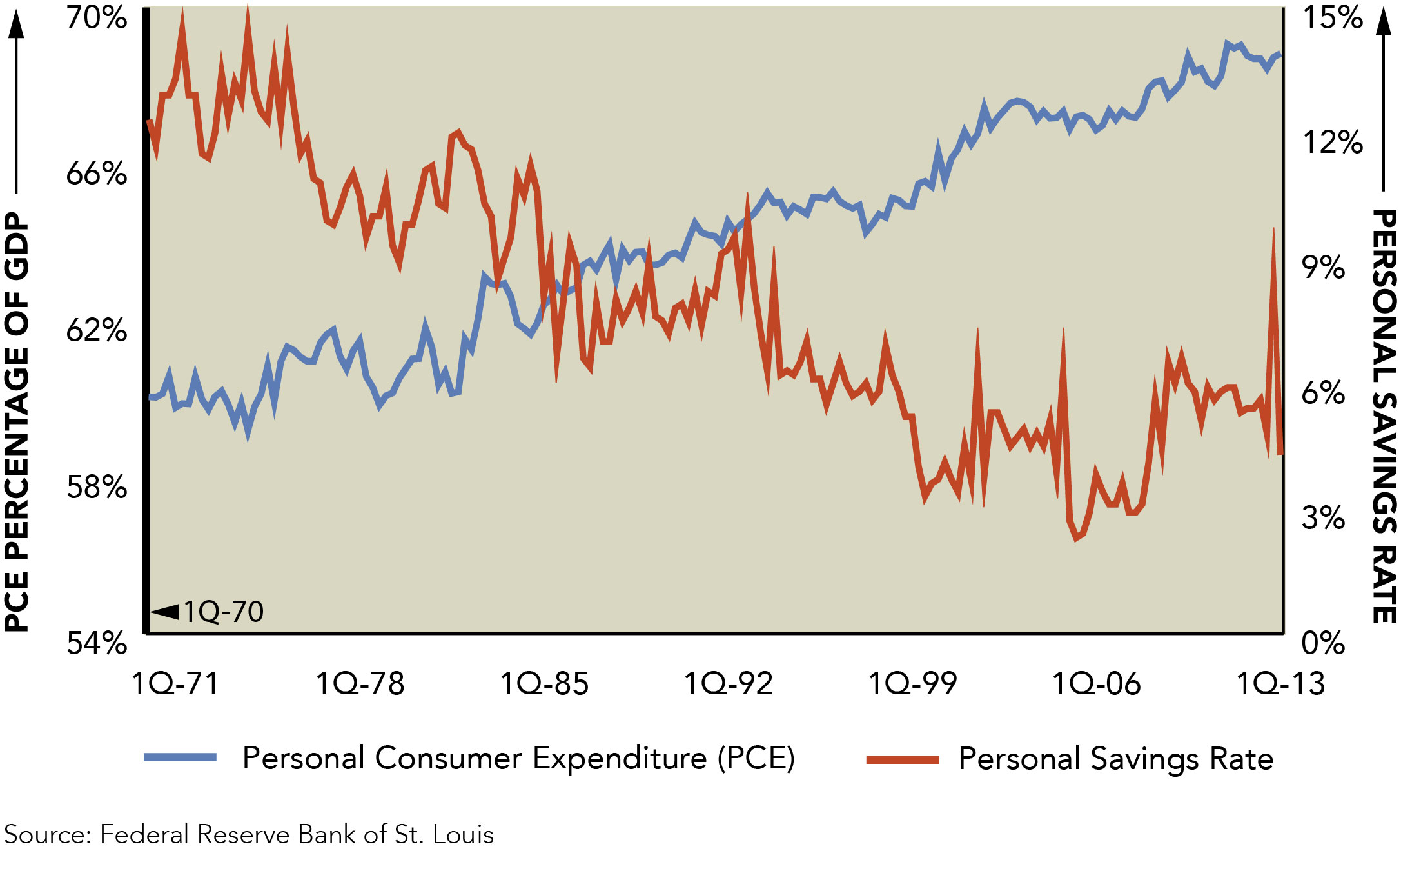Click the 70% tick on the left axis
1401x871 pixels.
[x=97, y=17]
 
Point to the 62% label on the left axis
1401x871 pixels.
[x=97, y=330]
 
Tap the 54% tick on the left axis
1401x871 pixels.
[x=97, y=643]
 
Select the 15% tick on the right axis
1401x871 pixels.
[x=1333, y=17]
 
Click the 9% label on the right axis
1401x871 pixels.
[x=1323, y=267]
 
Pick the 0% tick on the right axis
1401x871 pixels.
[x=1323, y=643]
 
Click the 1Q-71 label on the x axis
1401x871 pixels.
[x=175, y=684]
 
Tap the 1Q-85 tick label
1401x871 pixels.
[x=544, y=684]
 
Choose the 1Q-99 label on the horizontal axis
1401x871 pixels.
[x=912, y=684]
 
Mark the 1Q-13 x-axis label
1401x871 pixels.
[x=1280, y=684]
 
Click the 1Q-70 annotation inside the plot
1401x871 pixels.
[x=223, y=612]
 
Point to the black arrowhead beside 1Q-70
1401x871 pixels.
[x=165, y=612]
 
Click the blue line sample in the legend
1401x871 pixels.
[x=180, y=757]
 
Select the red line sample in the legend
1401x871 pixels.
[x=902, y=759]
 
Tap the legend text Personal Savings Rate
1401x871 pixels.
[x=1115, y=759]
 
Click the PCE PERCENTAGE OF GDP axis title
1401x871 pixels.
[x=17, y=423]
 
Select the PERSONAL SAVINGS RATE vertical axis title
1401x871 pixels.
[x=1384, y=416]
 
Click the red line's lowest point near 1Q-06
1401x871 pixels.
[x=1076, y=538]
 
